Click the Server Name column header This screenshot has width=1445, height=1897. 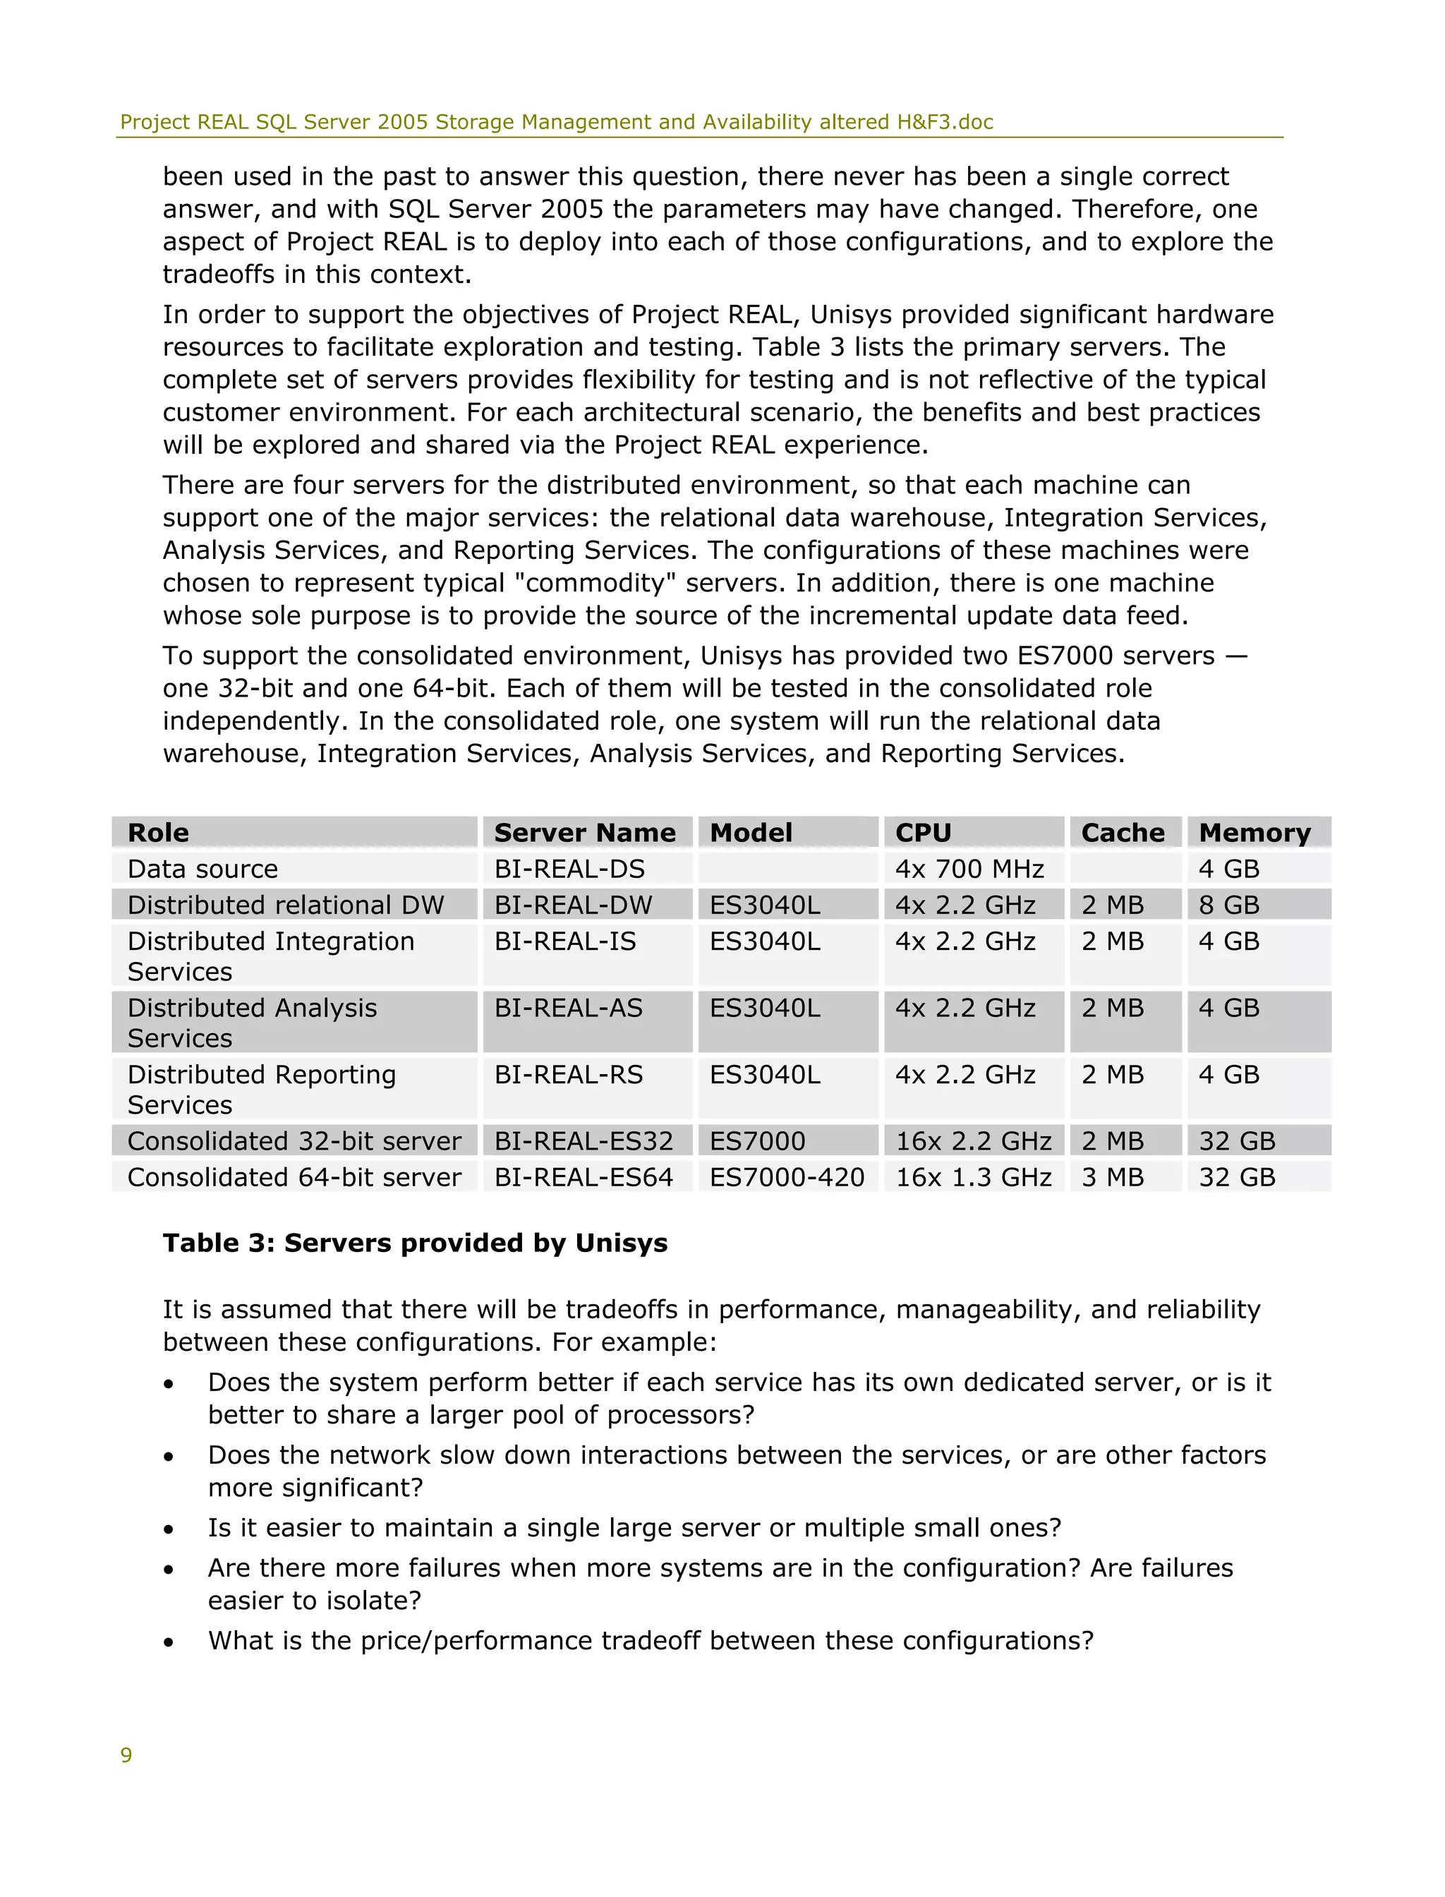pos(585,833)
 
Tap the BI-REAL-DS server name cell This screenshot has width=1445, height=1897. pos(569,869)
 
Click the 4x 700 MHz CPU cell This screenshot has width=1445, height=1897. pos(969,869)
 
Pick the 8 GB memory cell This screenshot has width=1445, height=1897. pos(1228,905)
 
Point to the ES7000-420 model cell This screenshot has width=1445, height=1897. pos(786,1177)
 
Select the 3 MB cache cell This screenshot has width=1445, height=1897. pos(1112,1177)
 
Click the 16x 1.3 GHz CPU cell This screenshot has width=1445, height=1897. pos(973,1177)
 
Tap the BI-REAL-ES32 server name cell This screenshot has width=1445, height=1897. pos(584,1140)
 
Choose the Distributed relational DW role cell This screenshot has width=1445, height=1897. pos(286,905)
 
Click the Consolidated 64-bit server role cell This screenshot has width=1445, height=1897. pos(294,1177)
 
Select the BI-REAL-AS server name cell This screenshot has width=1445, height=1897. pos(568,1008)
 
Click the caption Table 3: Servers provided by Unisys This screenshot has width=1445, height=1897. pos(415,1243)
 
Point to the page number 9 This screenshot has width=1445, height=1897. pos(126,1755)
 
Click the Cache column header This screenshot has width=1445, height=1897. pos(1123,833)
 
